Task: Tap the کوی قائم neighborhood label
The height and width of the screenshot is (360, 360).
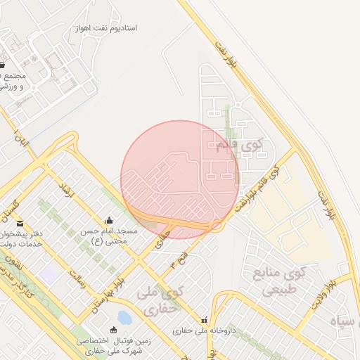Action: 234,145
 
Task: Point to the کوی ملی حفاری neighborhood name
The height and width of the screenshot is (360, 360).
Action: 162,300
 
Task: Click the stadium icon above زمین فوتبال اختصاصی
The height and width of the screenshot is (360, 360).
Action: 114,330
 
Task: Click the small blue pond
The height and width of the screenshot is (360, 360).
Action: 124,318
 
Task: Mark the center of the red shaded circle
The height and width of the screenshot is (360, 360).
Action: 180,179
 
